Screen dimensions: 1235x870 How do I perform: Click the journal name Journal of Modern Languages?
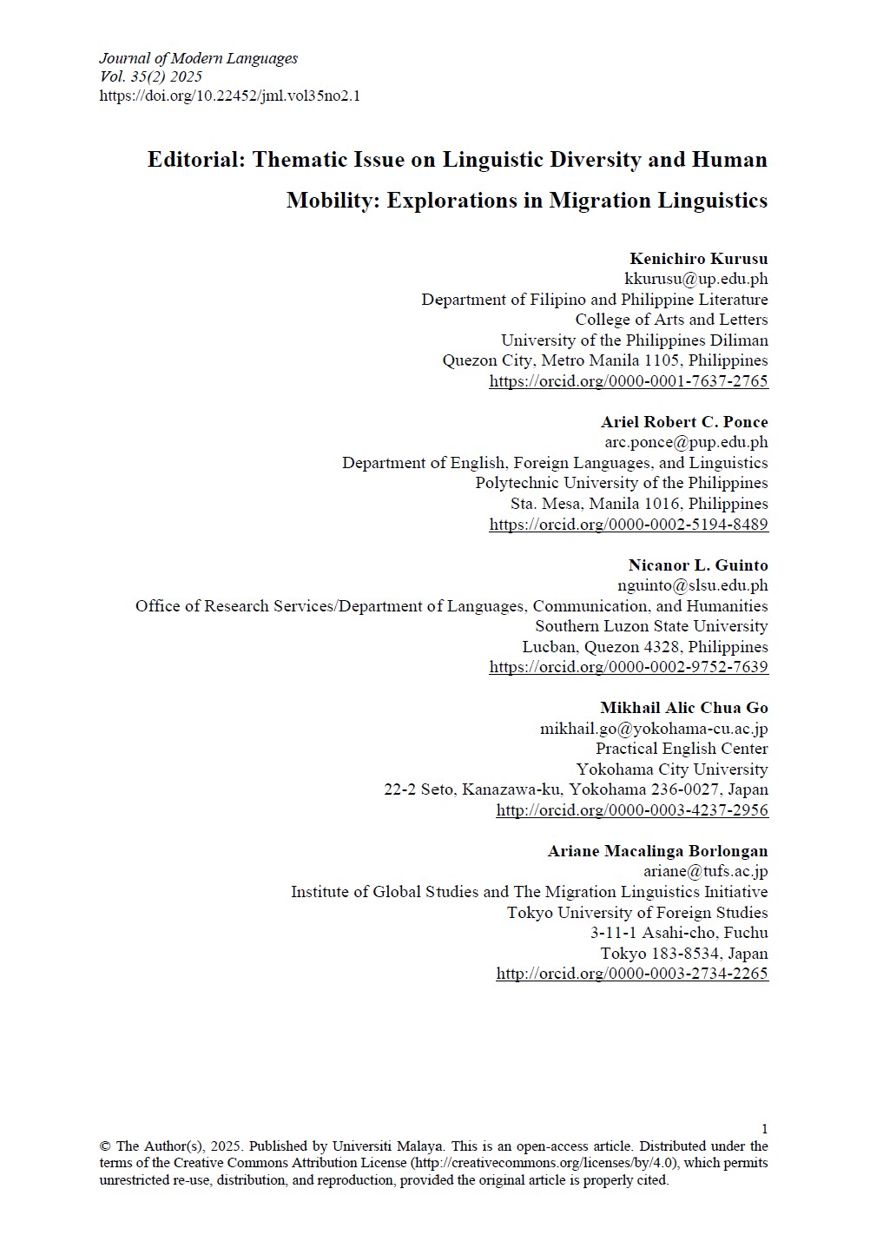(x=198, y=58)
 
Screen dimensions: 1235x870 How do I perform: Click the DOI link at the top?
(x=229, y=96)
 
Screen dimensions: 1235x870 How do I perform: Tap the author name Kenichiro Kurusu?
(x=698, y=259)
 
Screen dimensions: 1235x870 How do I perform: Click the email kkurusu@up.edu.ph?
(x=695, y=279)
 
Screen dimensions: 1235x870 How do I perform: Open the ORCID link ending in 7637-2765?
(x=628, y=381)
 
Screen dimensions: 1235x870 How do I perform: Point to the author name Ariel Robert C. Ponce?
(x=684, y=422)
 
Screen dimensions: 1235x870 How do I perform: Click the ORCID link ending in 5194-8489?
(x=628, y=525)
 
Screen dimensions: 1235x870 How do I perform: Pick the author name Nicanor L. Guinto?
(x=698, y=565)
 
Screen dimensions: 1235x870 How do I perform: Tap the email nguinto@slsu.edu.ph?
(x=692, y=585)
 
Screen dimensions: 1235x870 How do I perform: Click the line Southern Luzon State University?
(x=651, y=626)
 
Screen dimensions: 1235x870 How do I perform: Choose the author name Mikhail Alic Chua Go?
(x=683, y=708)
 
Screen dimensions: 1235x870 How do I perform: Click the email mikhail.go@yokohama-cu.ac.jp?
(x=654, y=729)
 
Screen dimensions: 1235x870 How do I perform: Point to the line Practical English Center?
(x=682, y=749)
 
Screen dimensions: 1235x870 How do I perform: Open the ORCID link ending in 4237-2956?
(x=631, y=810)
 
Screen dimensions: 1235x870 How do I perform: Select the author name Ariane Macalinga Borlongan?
(x=657, y=851)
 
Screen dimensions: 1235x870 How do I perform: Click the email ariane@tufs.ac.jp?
(x=705, y=871)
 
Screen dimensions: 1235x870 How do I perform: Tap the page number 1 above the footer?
(x=764, y=1129)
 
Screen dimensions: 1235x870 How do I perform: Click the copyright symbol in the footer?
(x=105, y=1146)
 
